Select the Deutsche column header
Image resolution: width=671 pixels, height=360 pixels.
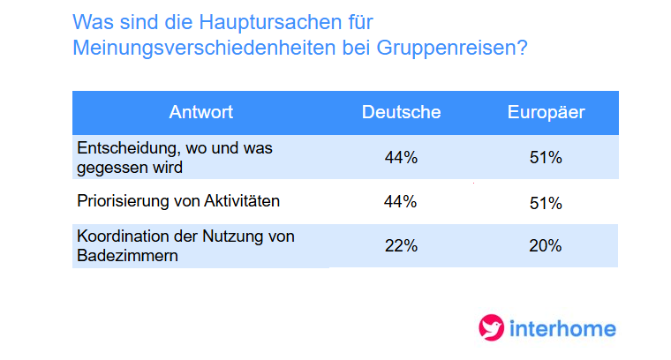(401, 112)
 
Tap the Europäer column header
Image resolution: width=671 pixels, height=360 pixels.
(546, 112)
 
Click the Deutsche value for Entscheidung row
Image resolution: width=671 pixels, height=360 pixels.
(401, 158)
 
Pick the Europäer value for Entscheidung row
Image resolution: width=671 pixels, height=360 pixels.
(546, 158)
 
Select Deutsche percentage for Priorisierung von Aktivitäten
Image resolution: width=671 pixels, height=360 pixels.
(401, 202)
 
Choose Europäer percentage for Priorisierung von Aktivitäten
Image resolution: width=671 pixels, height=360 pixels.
(546, 202)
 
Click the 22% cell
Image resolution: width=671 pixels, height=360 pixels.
(401, 246)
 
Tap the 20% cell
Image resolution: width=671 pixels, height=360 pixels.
(546, 246)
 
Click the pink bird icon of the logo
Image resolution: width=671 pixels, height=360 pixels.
(490, 328)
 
